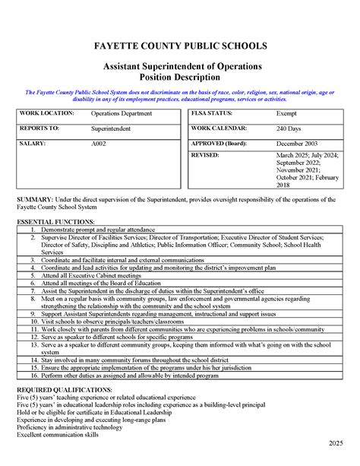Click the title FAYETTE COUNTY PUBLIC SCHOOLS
pos(180,46)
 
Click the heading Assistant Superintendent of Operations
pos(180,67)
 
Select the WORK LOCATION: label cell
pos(47,113)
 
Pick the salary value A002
pos(99,142)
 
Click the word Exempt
pos(286,113)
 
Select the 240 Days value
pos(289,128)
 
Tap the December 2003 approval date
pos(297,142)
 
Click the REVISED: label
pos(205,154)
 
